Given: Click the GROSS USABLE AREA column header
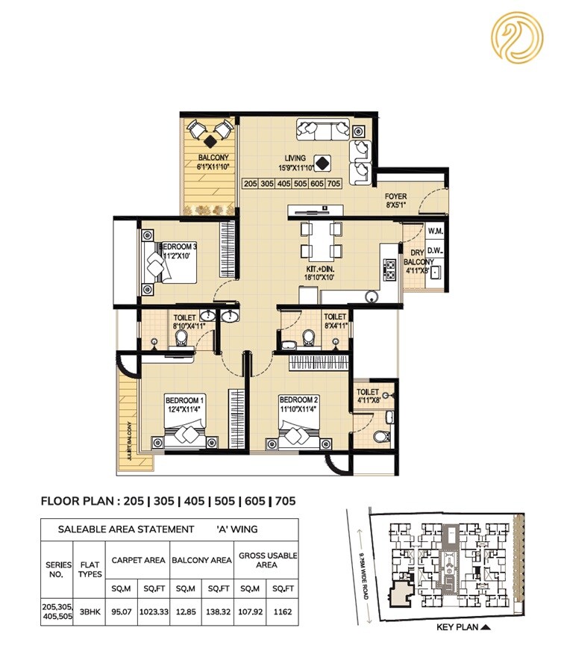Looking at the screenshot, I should tap(266, 560).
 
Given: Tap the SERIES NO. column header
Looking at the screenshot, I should tap(57, 569).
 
